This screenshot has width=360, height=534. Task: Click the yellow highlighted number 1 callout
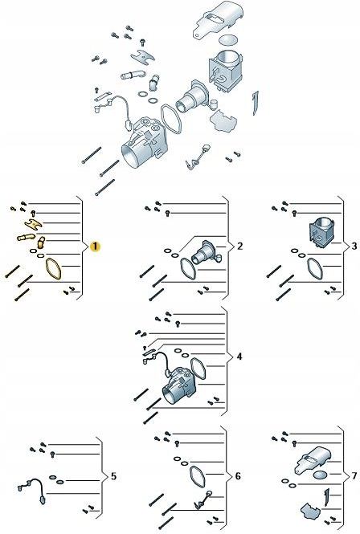[95, 246]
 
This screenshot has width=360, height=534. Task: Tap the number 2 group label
[239, 246]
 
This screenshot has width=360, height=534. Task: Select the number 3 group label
[354, 246]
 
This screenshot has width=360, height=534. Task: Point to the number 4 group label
[239, 357]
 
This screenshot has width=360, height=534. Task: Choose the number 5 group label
[113, 476]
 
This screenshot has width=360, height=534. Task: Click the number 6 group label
[238, 476]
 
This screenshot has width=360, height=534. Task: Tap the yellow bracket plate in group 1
[34, 224]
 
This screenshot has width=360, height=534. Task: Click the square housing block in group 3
[321, 231]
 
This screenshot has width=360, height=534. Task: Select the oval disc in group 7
[320, 475]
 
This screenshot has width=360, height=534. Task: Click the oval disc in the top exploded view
[228, 39]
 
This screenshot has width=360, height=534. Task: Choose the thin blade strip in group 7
[327, 497]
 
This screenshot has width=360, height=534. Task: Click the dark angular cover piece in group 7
[311, 512]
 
